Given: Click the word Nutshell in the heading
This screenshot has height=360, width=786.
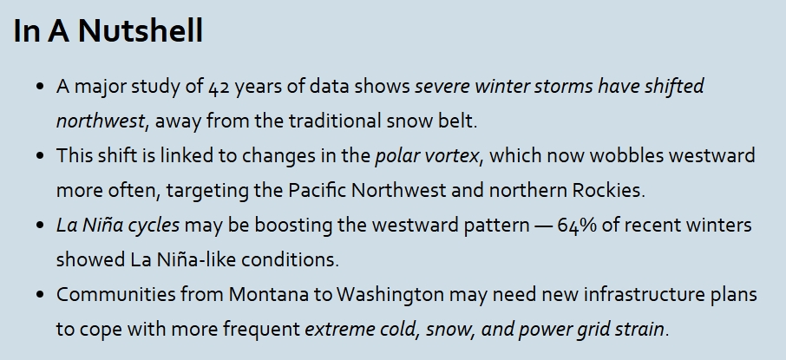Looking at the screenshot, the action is click(141, 30).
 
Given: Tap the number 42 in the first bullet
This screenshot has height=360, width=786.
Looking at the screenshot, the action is click(219, 88).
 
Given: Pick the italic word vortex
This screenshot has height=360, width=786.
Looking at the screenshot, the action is click(455, 156).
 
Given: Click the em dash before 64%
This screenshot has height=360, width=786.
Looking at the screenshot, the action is click(543, 226).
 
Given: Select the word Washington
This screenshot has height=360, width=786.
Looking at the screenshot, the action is click(390, 295).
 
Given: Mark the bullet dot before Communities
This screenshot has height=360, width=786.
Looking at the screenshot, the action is click(40, 294).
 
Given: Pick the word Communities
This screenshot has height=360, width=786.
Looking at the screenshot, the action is click(115, 294).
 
